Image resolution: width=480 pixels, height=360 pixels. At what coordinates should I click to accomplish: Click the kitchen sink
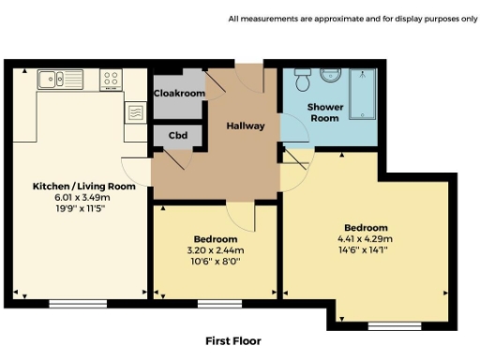tap(54, 80)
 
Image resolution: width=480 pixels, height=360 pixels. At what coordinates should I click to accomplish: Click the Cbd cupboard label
tap(177, 135)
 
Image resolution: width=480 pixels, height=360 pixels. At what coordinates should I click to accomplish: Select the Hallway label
tap(246, 126)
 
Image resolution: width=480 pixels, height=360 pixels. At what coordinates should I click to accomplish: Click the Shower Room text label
tap(325, 113)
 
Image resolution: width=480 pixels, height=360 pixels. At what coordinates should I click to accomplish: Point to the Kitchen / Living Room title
tap(84, 187)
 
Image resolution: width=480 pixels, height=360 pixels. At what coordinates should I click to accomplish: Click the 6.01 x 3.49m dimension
tap(82, 197)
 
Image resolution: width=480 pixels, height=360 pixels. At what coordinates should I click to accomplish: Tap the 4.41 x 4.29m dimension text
tap(365, 238)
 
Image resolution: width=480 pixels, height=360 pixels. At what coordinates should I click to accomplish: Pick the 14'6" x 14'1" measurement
tap(365, 249)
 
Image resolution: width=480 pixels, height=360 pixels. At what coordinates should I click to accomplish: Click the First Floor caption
tap(232, 340)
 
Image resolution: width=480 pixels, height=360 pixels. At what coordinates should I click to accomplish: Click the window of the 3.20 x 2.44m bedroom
tap(217, 303)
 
